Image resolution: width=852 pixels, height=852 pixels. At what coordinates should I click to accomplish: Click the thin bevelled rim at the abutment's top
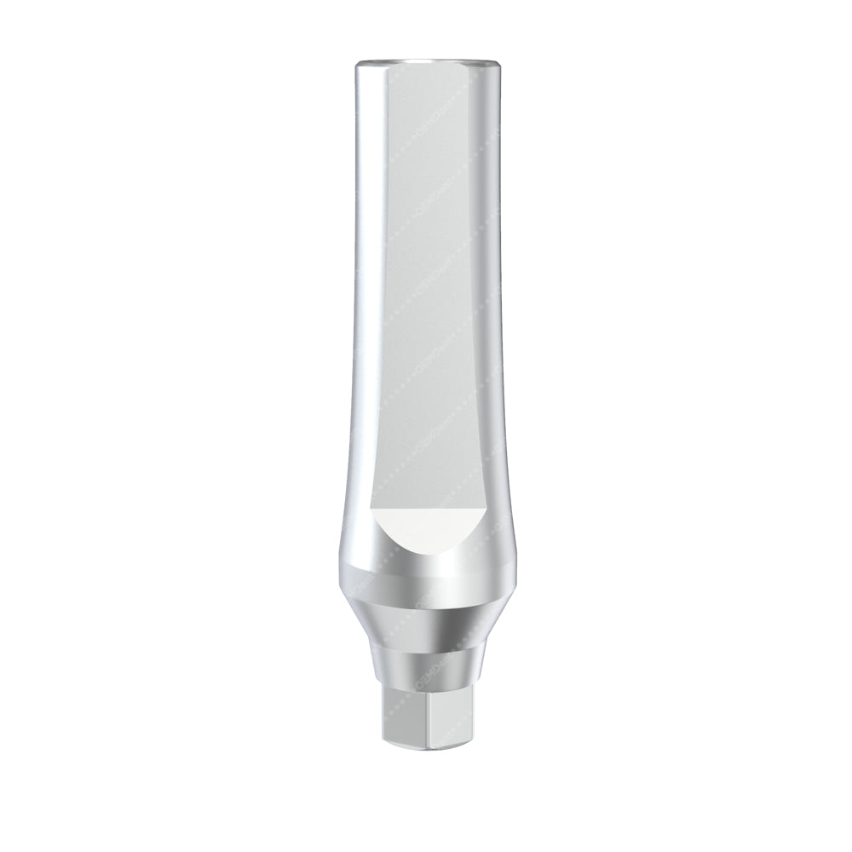pos(426,61)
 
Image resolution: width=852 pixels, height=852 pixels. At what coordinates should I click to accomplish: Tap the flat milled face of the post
pos(426,298)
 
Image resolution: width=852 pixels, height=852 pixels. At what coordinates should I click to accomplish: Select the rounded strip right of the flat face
pos(486,298)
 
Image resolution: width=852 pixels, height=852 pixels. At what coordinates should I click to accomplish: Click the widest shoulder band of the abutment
pos(426,579)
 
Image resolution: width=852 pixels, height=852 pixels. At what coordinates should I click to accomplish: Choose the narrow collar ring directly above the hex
pos(426,669)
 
